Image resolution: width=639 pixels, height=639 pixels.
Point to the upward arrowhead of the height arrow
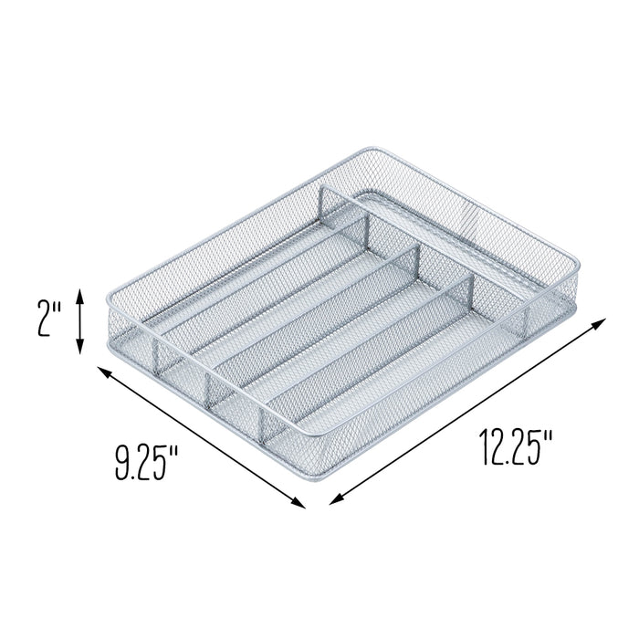point(81,293)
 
